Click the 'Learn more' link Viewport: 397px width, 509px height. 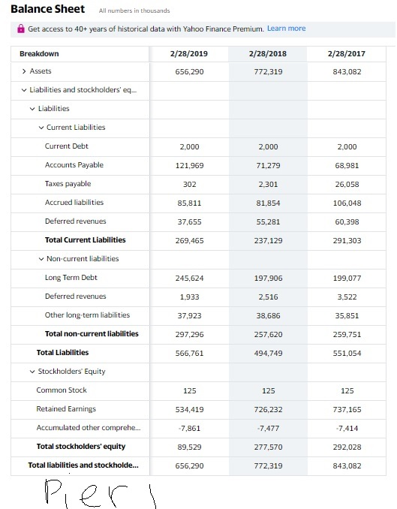(286, 29)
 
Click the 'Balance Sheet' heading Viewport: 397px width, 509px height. (47, 9)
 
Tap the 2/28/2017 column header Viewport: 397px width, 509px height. (347, 54)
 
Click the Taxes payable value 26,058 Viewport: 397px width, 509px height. (347, 184)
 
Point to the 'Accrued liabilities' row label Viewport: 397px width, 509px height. (74, 203)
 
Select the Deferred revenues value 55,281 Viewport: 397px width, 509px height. (269, 221)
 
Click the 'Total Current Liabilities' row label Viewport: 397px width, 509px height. (85, 240)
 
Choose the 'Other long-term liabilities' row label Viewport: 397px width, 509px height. (87, 315)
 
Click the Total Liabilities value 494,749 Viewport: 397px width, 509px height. (269, 353)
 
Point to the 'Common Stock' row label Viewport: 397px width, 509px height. (62, 390)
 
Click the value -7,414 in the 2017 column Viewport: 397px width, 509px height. (347, 428)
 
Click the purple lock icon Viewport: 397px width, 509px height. (21, 29)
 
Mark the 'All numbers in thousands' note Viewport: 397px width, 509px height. (134, 11)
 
